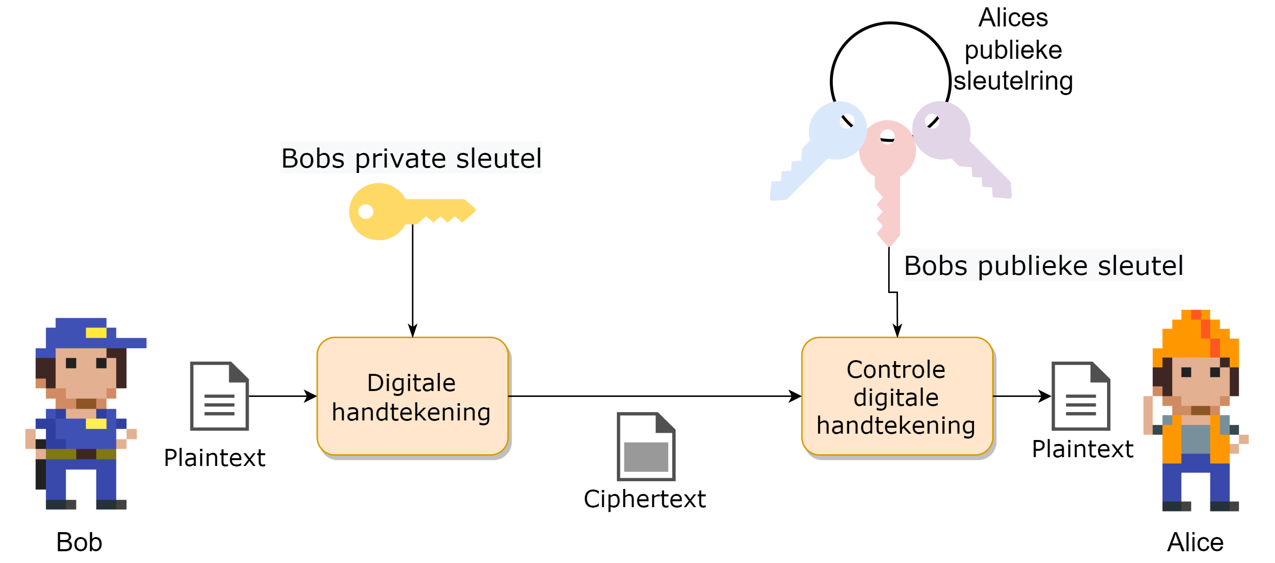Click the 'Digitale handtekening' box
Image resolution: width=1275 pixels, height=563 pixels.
click(x=412, y=396)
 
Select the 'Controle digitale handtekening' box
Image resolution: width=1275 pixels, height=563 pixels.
click(x=897, y=396)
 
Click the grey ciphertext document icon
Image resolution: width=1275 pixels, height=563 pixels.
click(x=646, y=447)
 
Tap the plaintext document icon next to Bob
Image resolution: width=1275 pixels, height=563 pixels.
click(x=219, y=396)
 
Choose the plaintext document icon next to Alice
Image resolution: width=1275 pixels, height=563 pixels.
click(x=1081, y=396)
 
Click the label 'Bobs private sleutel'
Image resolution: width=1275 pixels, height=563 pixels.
click(x=411, y=158)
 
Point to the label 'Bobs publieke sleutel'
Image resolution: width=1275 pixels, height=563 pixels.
click(x=1043, y=266)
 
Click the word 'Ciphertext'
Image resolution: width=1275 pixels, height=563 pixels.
click(x=644, y=499)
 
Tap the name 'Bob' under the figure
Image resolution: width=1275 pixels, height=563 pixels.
click(x=79, y=542)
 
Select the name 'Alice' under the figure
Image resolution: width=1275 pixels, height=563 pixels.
click(x=1195, y=542)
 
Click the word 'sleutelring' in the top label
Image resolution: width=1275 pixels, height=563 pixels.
click(x=1013, y=81)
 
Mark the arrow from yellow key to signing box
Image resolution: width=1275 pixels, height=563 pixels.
click(x=413, y=282)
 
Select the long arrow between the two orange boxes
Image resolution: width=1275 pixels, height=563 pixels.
click(x=653, y=396)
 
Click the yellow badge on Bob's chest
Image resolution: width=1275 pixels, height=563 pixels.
click(x=96, y=424)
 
